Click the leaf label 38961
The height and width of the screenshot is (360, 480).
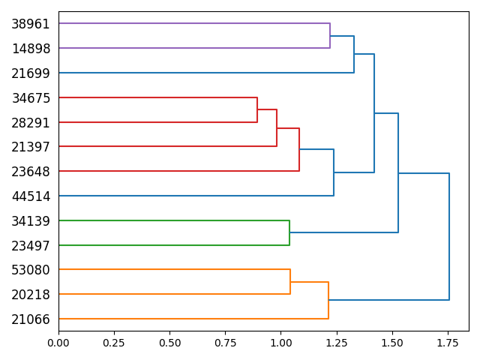coord(31,24)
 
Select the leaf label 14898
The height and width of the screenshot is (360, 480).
coord(31,49)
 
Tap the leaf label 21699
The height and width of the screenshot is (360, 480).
coord(31,73)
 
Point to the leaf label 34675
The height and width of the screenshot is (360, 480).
coord(31,97)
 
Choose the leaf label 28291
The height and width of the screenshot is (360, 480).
coord(31,122)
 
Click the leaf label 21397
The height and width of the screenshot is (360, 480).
coord(31,147)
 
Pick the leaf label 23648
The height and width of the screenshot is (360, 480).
coord(31,172)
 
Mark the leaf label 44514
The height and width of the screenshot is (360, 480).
coord(31,196)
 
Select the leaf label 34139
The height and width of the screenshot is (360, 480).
coord(31,220)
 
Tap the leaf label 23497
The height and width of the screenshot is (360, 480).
coord(31,245)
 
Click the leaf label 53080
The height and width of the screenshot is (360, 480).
coord(31,270)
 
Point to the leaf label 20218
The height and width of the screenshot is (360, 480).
coord(31,295)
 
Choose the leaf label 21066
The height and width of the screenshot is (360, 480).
coord(31,319)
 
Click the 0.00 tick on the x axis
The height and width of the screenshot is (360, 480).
coord(58,343)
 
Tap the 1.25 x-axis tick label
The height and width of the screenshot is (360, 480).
coord(336,343)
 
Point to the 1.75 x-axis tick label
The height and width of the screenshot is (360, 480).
coord(448,343)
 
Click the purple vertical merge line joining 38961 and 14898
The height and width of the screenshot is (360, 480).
coord(330,36)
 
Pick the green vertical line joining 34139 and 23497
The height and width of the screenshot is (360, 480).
coord(289,232)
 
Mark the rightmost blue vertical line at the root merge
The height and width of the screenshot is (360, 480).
coord(449,236)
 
